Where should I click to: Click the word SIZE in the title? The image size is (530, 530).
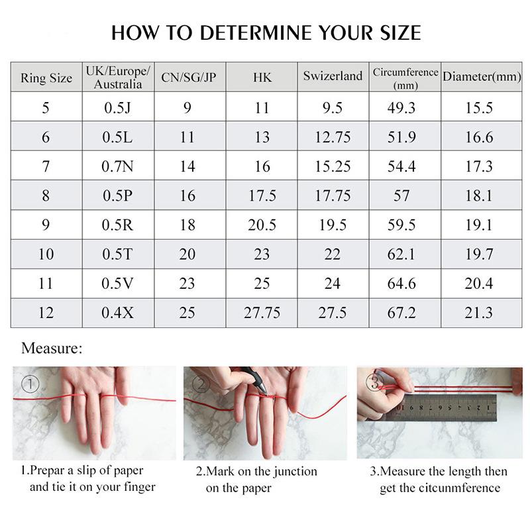394,32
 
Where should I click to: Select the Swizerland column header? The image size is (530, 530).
333,76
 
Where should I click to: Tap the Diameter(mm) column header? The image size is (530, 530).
482,77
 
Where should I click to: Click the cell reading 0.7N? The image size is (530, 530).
118,166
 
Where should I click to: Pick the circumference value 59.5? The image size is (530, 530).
401,225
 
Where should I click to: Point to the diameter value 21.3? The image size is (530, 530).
479,312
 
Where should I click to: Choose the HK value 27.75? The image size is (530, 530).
262,312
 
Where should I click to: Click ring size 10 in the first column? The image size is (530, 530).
46,254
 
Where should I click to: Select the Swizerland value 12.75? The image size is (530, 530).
333,137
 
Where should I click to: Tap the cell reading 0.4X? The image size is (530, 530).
118,312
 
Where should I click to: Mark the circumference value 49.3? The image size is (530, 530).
401,108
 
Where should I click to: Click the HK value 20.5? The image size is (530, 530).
262,225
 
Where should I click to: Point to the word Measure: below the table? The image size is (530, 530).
52,348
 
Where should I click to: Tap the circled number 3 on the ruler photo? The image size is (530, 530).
374,382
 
